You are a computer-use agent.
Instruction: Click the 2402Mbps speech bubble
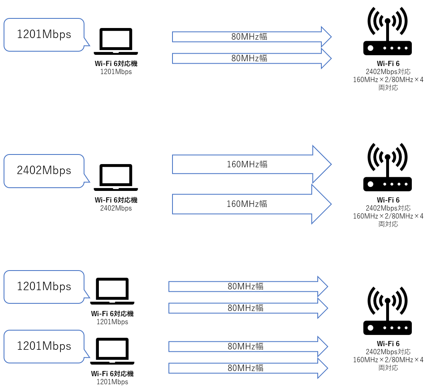(x=44, y=171)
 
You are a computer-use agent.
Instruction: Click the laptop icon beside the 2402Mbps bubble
(x=116, y=177)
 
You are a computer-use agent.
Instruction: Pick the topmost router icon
(x=387, y=32)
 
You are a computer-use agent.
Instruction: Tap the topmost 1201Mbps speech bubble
(x=44, y=35)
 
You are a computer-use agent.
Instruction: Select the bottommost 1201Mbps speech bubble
(x=44, y=346)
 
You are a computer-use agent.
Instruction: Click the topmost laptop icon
(x=116, y=41)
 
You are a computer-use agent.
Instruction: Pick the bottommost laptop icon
(x=112, y=351)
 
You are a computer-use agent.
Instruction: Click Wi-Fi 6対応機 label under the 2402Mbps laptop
(x=116, y=200)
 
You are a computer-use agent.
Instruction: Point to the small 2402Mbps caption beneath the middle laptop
(x=116, y=208)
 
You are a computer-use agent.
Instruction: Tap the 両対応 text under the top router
(x=388, y=88)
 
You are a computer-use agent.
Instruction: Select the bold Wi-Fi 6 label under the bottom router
(x=388, y=344)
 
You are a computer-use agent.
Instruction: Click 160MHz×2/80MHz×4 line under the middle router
(x=388, y=216)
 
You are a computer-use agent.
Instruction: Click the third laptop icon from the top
(x=112, y=291)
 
